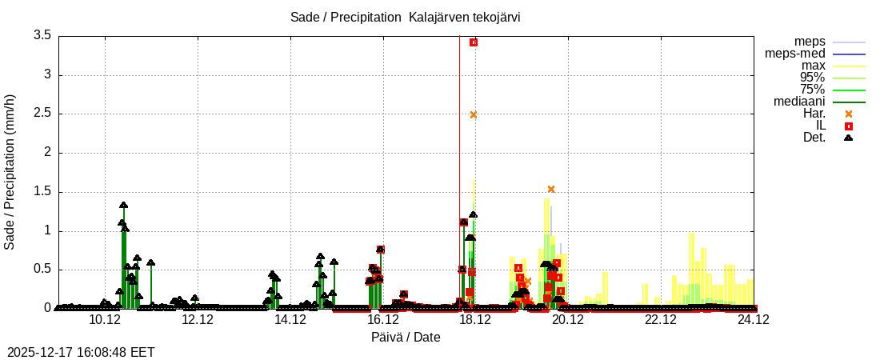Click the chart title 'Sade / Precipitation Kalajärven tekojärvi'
click(x=406, y=17)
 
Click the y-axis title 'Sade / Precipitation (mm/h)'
click(x=10, y=172)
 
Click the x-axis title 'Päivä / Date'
click(x=406, y=337)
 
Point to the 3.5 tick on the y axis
click(x=42, y=35)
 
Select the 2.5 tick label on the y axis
click(x=42, y=114)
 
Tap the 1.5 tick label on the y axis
click(x=42, y=191)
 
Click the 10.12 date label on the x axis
click(x=105, y=320)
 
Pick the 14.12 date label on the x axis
click(x=290, y=320)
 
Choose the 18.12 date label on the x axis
click(x=475, y=320)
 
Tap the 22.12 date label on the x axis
click(x=661, y=320)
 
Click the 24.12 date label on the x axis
click(x=754, y=320)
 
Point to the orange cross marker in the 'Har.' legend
click(x=849, y=114)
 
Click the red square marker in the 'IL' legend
click(x=849, y=126)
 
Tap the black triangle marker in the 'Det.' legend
click(x=849, y=138)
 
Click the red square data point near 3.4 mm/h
click(x=474, y=42)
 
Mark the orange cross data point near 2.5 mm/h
click(x=474, y=114)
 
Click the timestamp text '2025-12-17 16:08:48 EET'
click(x=81, y=352)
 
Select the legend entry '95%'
click(x=812, y=78)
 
